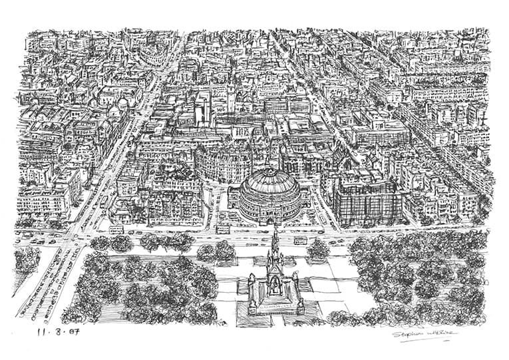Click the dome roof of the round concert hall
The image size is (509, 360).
[x=270, y=183]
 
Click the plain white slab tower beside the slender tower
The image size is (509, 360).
[x=202, y=106]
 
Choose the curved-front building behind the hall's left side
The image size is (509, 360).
[x=220, y=160]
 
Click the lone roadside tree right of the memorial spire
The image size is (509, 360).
[x=318, y=248]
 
